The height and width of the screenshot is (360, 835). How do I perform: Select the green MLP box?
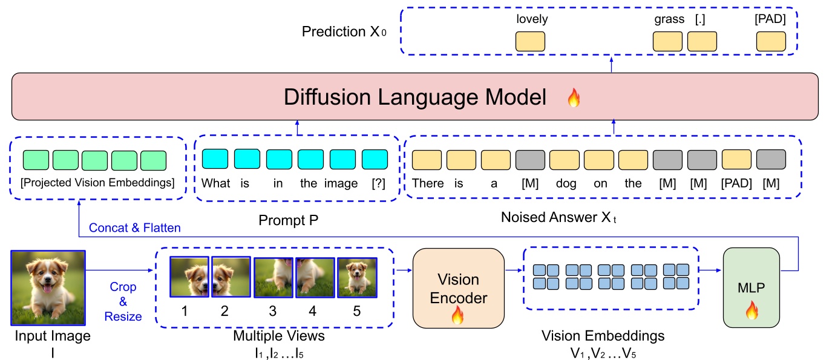tap(751, 288)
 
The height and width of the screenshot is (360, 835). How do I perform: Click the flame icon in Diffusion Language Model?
tap(573, 98)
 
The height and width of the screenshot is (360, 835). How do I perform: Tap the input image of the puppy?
tap(48, 287)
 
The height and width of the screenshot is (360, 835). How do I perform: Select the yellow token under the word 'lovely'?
tap(530, 41)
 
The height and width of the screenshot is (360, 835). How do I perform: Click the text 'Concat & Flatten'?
tap(135, 228)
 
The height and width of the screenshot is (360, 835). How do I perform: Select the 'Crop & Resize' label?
tap(123, 301)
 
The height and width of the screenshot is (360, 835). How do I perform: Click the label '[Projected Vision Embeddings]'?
tap(97, 183)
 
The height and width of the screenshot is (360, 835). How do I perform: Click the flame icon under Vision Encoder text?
tap(457, 315)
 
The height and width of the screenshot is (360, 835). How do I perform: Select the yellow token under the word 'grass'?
tap(667, 41)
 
